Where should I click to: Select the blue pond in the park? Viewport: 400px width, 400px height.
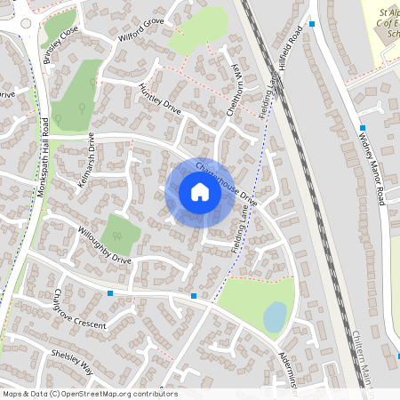click(x=276, y=316)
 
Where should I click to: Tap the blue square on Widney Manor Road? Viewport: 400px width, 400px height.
click(x=363, y=129)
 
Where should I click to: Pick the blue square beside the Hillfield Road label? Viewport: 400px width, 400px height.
click(x=312, y=24)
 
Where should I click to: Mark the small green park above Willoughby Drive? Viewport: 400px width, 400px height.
click(x=119, y=233)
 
